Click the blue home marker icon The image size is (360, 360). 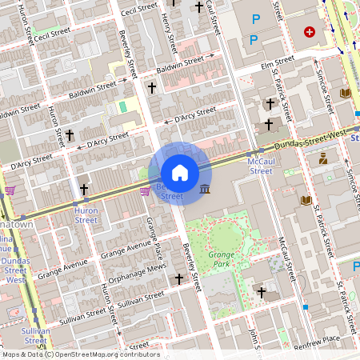[x=180, y=173]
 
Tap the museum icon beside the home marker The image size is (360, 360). [x=206, y=189]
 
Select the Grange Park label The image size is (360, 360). [x=221, y=258]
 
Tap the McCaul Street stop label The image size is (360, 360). [x=261, y=166]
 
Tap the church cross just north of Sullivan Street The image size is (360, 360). [x=179, y=280]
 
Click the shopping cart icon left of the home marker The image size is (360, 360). [x=145, y=190]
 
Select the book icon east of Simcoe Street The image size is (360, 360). [x=346, y=94]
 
